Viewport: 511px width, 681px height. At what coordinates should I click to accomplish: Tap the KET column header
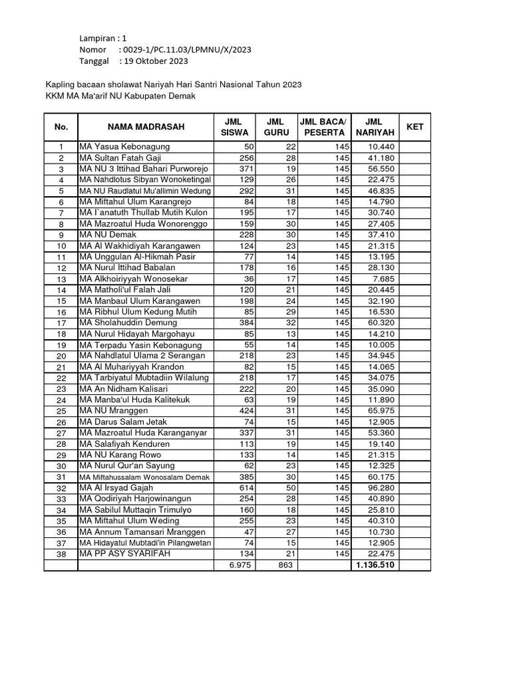415,126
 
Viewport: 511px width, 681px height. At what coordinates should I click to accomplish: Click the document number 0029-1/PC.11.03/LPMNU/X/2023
184,50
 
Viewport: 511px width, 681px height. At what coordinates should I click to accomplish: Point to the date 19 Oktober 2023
153,61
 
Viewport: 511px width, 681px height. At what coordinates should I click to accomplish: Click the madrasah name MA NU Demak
107,235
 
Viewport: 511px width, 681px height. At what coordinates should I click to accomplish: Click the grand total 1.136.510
376,565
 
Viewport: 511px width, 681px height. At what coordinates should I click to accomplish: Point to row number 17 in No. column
61,323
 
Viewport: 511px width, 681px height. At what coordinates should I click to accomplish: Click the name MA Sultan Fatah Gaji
120,158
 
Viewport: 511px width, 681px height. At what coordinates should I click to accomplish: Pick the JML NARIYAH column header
375,127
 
